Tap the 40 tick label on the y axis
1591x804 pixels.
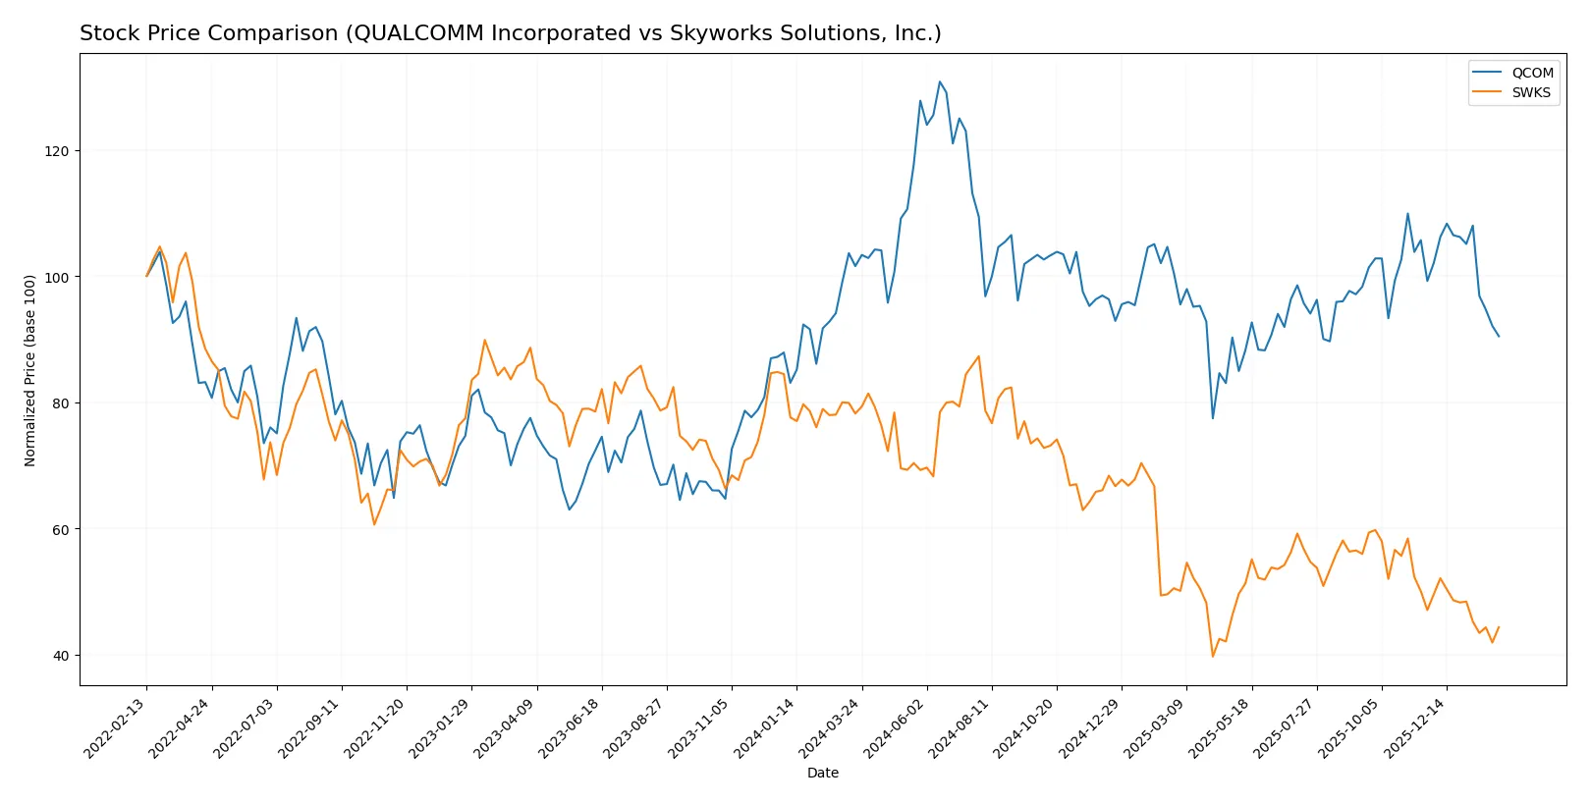[61, 656]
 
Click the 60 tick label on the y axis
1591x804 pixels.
[61, 529]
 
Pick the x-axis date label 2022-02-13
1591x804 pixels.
[117, 728]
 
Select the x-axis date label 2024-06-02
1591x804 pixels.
[897, 728]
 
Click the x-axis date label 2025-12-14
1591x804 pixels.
[1416, 728]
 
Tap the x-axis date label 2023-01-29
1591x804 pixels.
[442, 728]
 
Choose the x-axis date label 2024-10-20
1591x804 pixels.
[1026, 728]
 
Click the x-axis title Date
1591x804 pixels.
[823, 774]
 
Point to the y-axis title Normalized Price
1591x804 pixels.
[30, 370]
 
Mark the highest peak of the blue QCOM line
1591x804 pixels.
[939, 81]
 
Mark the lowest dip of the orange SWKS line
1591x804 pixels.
[1213, 657]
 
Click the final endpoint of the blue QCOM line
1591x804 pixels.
[1499, 337]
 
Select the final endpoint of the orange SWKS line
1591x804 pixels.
[1499, 627]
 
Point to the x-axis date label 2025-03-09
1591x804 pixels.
[1156, 728]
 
